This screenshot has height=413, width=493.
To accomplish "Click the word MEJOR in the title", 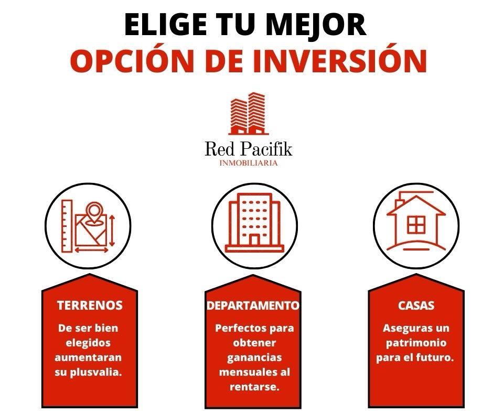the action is tap(316, 24).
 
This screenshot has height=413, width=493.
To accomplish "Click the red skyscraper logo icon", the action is tap(249, 113).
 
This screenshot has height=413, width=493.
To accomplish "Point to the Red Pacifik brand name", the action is tap(249, 149).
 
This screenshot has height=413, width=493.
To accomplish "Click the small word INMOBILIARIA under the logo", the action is tap(249, 163).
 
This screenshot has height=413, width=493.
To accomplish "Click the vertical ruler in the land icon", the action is tap(67, 226).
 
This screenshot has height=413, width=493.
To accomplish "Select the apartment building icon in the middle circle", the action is tap(254, 223).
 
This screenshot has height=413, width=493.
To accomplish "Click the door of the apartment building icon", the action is tap(254, 240).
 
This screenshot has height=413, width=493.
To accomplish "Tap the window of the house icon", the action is tap(416, 224).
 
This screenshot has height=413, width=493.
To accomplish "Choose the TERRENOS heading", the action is tap(90, 305).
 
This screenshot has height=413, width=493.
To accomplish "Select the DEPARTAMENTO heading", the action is tap(253, 305).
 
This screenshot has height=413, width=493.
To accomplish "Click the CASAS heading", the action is tap(416, 305).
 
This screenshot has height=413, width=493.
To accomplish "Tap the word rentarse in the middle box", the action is tap(254, 387).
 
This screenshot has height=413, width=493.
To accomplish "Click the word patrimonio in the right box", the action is tap(416, 343).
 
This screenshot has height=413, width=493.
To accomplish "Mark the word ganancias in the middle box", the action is tap(254, 358).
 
